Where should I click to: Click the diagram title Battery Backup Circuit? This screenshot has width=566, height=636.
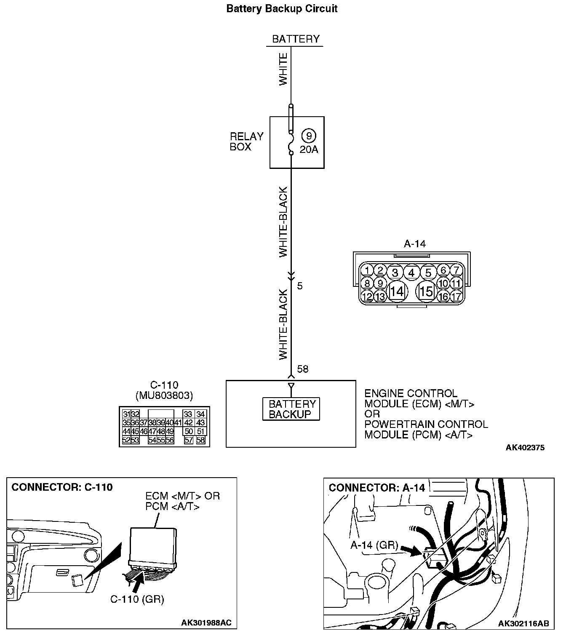[x=282, y=9]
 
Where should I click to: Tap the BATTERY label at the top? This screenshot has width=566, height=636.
[x=296, y=39]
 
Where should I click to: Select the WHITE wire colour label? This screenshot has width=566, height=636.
[x=283, y=69]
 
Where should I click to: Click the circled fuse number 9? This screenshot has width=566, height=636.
[x=309, y=136]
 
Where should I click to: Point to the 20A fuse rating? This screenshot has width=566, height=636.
[x=309, y=150]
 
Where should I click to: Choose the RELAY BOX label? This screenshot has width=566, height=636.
[x=246, y=142]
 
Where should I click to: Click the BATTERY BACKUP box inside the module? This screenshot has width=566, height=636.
[x=291, y=409]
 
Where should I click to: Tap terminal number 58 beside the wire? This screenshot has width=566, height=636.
[x=302, y=369]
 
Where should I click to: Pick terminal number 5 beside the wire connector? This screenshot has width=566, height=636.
[x=300, y=286]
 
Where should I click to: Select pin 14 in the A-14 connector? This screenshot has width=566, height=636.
[x=397, y=291]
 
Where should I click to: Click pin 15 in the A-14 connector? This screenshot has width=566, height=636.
[x=426, y=291]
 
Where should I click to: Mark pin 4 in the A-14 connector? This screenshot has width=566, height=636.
[x=411, y=273]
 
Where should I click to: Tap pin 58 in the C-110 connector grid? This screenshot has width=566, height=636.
[x=200, y=440]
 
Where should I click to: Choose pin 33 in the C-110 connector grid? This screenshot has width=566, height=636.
[x=188, y=414]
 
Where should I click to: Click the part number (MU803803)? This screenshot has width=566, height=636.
[x=164, y=395]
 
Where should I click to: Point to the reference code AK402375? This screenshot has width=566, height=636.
[x=525, y=447]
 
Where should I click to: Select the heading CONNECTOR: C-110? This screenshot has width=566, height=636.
[x=62, y=487]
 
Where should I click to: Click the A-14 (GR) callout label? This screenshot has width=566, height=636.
[x=374, y=545]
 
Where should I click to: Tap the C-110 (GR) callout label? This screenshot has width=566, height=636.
[x=137, y=599]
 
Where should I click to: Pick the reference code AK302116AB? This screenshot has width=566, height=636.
[x=523, y=623]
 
